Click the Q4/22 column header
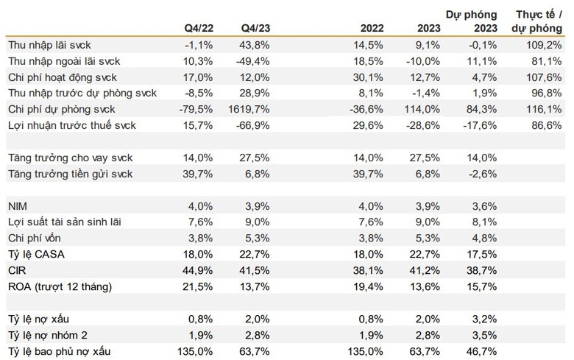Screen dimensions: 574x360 point(199,28)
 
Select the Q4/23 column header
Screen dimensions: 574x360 point(255,28)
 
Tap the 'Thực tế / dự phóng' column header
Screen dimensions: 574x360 point(536,21)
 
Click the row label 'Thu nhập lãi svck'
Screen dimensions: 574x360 point(49,45)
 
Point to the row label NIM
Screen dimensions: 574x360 point(18,206)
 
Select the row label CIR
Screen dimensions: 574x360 point(17,270)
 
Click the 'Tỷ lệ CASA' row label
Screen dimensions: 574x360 point(36,254)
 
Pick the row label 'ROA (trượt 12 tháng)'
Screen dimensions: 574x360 point(60,286)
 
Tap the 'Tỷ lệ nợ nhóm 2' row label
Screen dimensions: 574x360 point(48,335)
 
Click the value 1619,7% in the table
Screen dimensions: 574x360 point(249,109)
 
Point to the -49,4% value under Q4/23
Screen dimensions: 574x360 point(253,61)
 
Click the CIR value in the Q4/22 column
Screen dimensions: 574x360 point(198,270)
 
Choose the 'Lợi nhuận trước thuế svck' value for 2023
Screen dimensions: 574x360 point(423,125)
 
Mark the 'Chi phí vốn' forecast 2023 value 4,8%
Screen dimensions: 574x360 point(484,238)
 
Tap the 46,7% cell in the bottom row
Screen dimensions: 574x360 point(482,352)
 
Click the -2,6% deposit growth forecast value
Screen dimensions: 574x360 point(483,174)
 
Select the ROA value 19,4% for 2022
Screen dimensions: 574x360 point(368,286)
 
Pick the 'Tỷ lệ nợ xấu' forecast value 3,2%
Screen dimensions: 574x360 point(484,319)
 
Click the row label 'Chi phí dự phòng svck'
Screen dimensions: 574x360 point(62,109)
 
